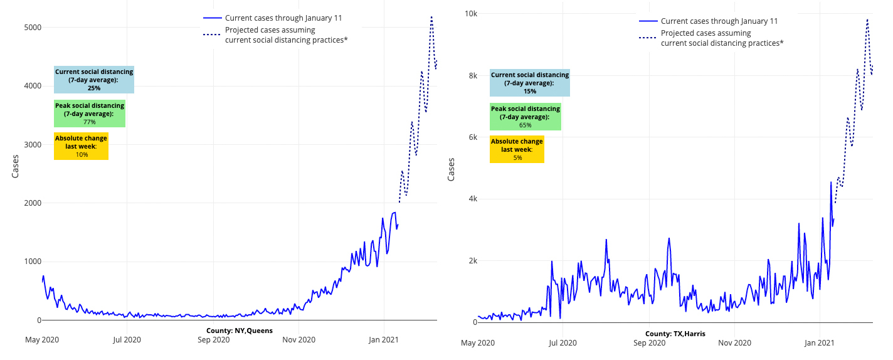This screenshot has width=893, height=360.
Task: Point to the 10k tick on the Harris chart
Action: tap(470, 13)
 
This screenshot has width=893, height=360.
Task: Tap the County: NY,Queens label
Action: tap(239, 331)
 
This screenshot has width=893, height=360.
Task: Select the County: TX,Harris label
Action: tap(675, 334)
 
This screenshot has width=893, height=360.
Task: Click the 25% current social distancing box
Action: tap(94, 80)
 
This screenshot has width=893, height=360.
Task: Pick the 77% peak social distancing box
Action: tap(89, 114)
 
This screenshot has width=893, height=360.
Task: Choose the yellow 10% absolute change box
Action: tap(81, 146)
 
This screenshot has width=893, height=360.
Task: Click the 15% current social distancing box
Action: tap(530, 83)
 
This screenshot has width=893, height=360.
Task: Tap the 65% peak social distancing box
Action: tap(525, 117)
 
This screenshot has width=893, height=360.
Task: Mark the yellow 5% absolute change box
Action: tap(517, 149)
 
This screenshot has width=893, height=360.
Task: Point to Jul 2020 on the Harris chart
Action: tap(563, 343)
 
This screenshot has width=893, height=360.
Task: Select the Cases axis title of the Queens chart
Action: tap(15, 167)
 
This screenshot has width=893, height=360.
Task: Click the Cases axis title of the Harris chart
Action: tap(451, 170)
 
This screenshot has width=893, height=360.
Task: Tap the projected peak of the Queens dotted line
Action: tap(431, 17)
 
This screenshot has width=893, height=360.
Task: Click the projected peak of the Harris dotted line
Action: tap(867, 19)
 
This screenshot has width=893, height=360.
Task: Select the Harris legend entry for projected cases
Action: tap(722, 38)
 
